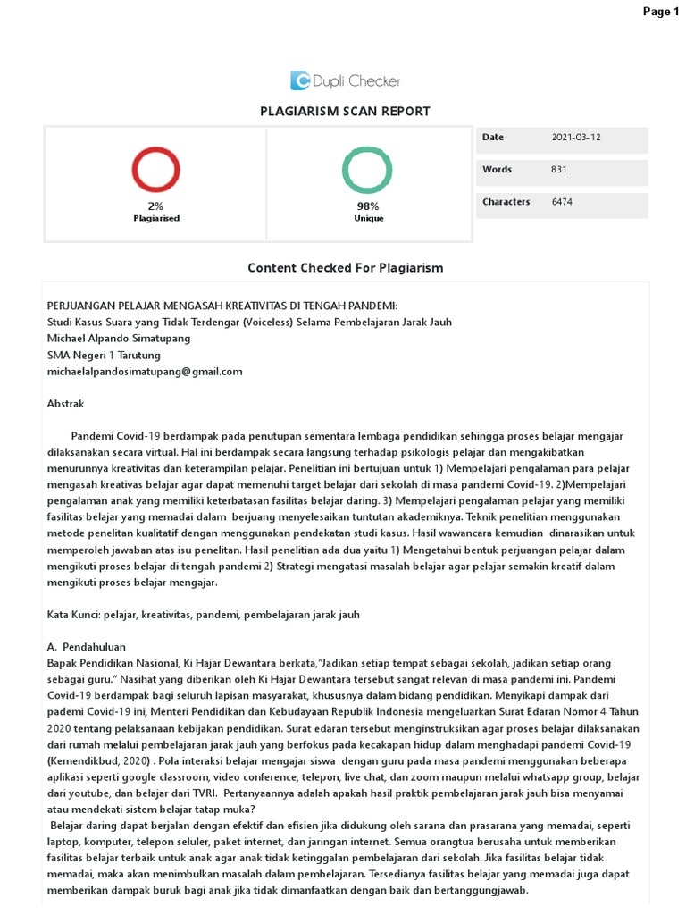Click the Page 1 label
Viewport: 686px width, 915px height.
[x=661, y=11]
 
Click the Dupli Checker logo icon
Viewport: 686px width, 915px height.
[x=299, y=81]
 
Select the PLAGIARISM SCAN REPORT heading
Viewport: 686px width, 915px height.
[x=345, y=112]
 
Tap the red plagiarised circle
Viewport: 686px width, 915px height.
[x=156, y=171]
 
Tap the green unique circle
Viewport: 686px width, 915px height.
[x=367, y=171]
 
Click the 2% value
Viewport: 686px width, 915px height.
[x=156, y=206]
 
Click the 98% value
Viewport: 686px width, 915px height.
[x=367, y=206]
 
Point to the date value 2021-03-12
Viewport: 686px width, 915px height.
[x=576, y=138]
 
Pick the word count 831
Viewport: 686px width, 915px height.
[x=560, y=170]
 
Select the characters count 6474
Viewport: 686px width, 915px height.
[x=563, y=202]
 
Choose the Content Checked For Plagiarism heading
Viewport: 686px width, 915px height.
[x=345, y=268]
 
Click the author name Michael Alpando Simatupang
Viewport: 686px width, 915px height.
[x=118, y=339]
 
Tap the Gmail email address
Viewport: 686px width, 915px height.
[x=144, y=371]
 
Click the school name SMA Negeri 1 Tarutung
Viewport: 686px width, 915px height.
[x=104, y=355]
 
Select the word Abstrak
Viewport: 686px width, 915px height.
[x=65, y=404]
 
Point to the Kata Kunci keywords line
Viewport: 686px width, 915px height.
[x=203, y=615]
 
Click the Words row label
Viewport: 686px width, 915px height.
[x=497, y=170]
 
